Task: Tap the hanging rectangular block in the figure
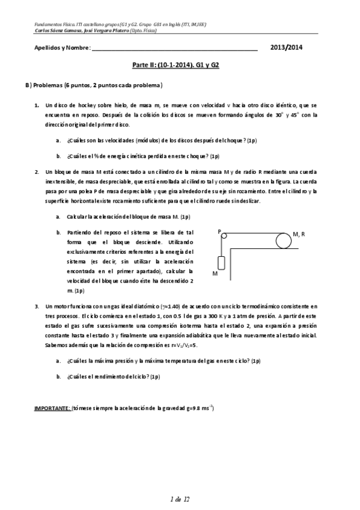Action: [221, 263]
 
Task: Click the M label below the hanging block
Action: [215, 273]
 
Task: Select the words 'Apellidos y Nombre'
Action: [59, 48]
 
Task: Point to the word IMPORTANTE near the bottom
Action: [52, 408]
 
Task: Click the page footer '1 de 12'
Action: [180, 499]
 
